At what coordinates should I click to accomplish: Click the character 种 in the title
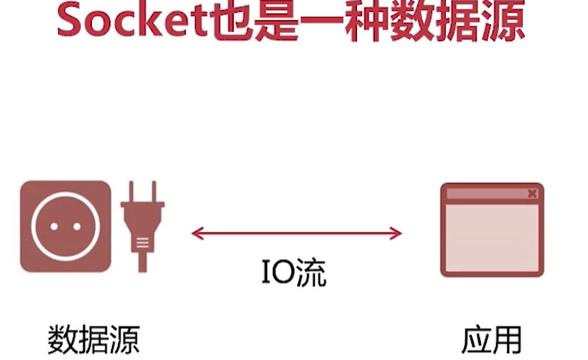368,21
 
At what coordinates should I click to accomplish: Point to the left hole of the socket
55,227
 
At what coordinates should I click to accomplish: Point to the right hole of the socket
76,227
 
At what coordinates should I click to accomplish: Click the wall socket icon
66,227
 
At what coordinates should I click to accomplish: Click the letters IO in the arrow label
276,273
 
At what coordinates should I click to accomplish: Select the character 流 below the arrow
311,273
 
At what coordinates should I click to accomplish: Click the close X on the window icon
532,193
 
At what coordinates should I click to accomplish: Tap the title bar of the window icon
485,193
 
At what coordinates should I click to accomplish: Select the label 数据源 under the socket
93,339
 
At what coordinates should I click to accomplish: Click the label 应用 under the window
491,339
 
